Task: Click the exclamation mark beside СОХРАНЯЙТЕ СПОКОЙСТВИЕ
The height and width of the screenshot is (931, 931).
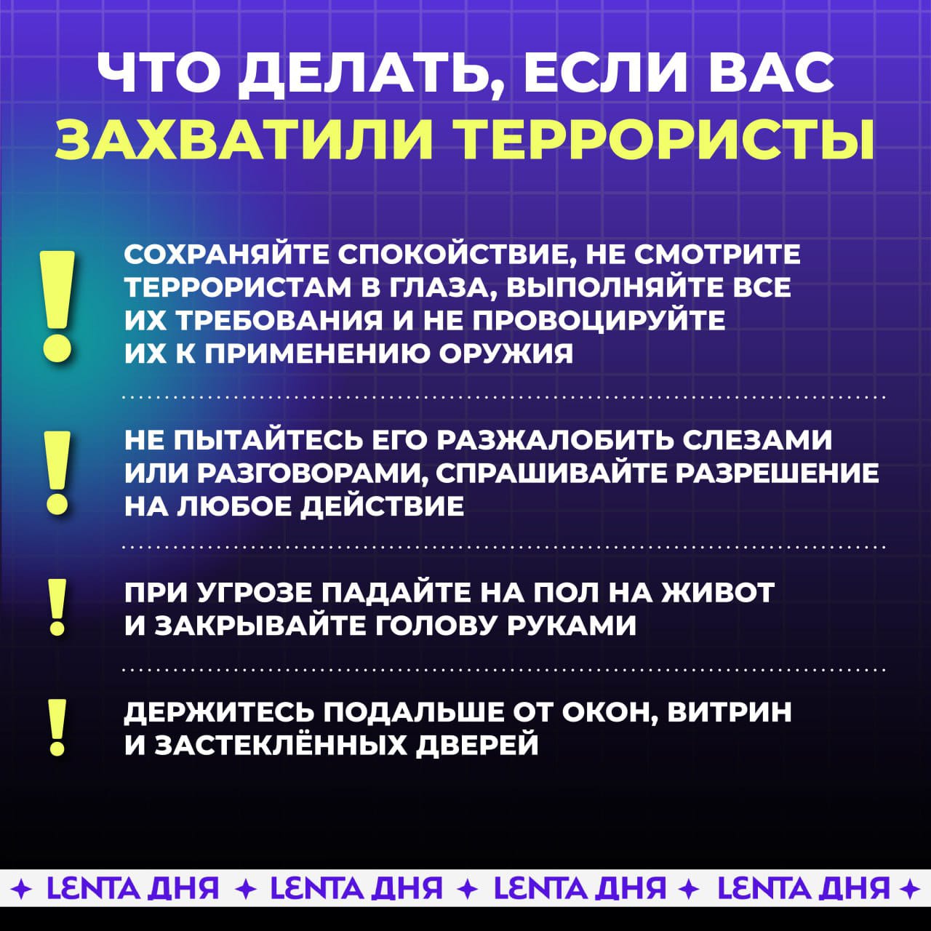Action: click(x=58, y=305)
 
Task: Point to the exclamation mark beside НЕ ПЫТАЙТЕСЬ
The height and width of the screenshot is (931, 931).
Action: click(x=58, y=474)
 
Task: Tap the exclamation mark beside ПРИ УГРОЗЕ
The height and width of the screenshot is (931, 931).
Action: click(x=57, y=607)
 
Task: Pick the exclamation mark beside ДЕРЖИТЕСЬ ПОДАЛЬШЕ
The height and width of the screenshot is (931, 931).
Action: click(x=57, y=728)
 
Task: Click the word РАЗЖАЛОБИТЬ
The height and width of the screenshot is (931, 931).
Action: click(x=558, y=441)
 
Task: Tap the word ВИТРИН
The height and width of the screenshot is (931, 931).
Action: click(x=730, y=711)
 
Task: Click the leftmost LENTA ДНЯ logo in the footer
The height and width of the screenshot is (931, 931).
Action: click(x=132, y=887)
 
